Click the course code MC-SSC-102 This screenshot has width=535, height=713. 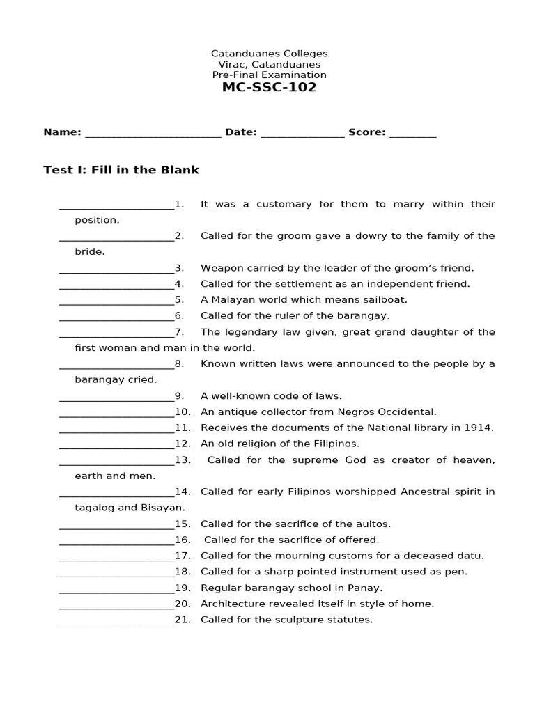point(269,88)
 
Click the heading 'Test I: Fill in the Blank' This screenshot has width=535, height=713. point(121,170)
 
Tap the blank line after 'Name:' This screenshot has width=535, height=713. point(153,134)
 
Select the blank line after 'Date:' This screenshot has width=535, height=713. point(302,134)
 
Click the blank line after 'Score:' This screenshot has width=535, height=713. point(412,134)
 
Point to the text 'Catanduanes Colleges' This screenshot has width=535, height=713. point(269,54)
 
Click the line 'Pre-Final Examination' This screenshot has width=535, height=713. point(269,75)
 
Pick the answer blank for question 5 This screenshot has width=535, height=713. point(116,301)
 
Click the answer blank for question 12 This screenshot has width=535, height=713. point(116,444)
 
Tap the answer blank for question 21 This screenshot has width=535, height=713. point(116,620)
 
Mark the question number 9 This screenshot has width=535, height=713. point(179,396)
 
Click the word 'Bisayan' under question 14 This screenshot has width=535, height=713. point(164,508)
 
